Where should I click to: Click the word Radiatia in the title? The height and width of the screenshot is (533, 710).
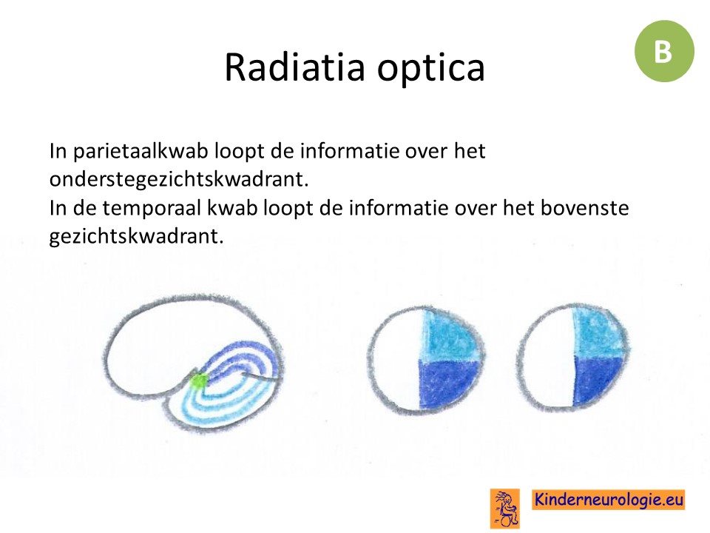(x=294, y=67)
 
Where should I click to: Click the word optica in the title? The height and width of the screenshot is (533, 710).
(x=431, y=69)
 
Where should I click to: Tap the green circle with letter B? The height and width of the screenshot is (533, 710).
(x=664, y=51)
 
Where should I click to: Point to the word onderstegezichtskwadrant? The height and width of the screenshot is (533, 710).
(x=179, y=179)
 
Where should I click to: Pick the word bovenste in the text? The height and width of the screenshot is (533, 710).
(x=585, y=207)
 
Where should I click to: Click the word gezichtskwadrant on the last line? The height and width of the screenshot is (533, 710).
(x=136, y=236)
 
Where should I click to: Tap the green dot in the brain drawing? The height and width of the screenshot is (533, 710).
(x=197, y=381)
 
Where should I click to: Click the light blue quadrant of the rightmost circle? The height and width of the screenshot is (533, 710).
(x=598, y=332)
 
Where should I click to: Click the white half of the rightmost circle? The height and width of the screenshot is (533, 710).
(x=547, y=358)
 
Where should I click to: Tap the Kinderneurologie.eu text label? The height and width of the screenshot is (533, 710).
(x=609, y=500)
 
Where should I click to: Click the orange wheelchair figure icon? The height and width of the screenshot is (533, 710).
(x=504, y=508)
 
